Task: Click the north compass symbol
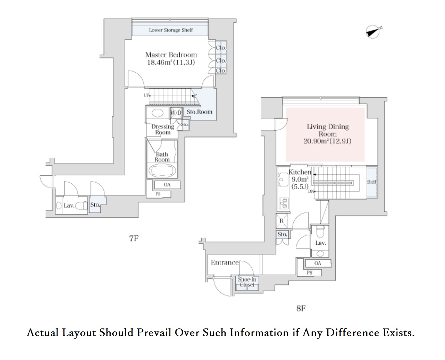click(374, 31)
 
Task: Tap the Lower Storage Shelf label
click(171, 30)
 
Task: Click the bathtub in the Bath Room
click(162, 171)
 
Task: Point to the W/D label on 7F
click(176, 113)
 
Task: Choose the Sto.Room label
click(199, 112)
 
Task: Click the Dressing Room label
click(163, 129)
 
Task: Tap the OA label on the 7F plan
click(167, 184)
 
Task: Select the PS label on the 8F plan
click(309, 273)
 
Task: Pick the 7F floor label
click(134, 238)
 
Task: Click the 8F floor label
click(301, 308)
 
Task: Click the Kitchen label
click(300, 172)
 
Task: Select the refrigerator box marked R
click(282, 221)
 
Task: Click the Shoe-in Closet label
click(247, 282)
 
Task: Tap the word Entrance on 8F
click(225, 262)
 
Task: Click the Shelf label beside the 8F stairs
click(372, 182)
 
